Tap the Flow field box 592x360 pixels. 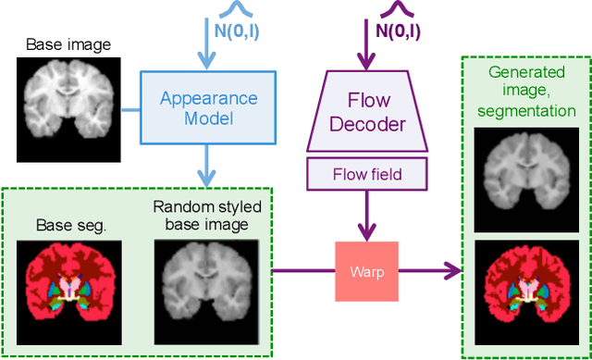pyautogui.click(x=369, y=172)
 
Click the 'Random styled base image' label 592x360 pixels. pyautogui.click(x=201, y=216)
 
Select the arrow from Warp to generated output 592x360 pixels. pyautogui.click(x=430, y=270)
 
